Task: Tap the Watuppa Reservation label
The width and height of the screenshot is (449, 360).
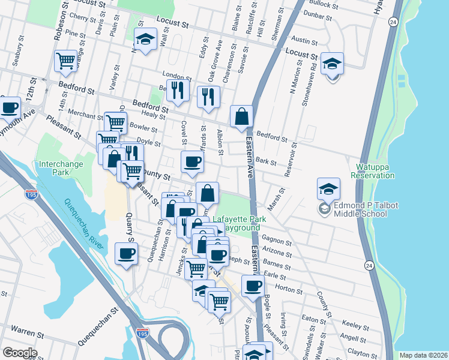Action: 375,171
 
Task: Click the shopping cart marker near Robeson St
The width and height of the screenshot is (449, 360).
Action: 65,60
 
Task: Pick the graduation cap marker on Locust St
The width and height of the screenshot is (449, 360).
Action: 144,40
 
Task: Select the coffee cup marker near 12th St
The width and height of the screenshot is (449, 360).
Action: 9,107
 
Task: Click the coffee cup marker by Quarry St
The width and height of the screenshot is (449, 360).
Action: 126,254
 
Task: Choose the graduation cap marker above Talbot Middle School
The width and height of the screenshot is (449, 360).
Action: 329,189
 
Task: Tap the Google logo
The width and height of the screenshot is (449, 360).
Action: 20,352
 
